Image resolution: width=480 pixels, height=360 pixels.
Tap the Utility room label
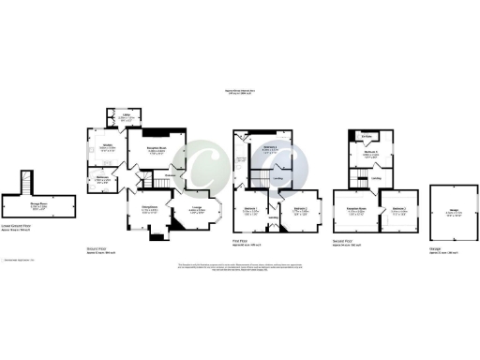[126, 117]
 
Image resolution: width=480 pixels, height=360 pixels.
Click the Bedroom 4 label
[271, 148]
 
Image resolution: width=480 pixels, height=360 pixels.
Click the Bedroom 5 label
[372, 155]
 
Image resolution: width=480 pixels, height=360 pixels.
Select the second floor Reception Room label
[355, 210]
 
